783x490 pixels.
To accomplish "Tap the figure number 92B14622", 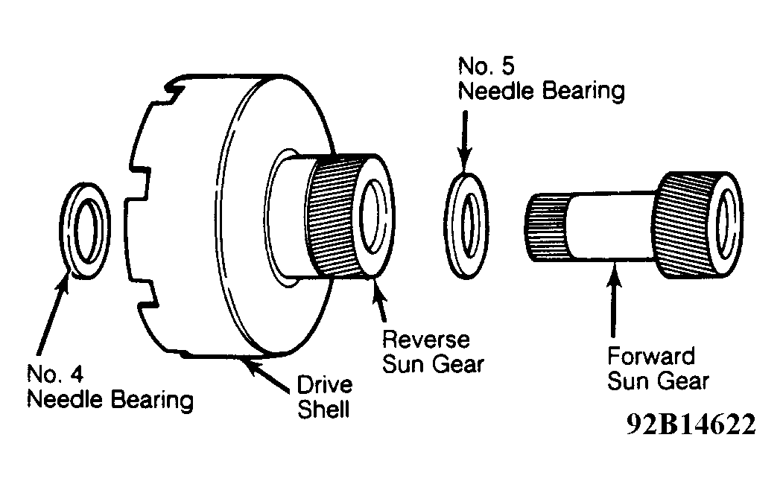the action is point(691,424).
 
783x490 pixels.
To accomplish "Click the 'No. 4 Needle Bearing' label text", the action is point(110,387).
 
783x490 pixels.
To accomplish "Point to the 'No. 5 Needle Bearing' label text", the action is point(542,79).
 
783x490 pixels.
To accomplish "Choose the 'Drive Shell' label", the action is point(325,397).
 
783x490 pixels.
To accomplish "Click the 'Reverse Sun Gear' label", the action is point(433,351).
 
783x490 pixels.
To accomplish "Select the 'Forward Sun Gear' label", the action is point(658,369).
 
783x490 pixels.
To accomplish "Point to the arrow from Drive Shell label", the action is point(267,376).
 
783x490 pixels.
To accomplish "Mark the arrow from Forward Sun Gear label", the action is point(614,299).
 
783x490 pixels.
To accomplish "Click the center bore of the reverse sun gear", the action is point(370,216).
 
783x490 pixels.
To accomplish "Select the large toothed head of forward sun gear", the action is point(697,225).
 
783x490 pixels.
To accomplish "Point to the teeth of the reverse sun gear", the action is point(332,217).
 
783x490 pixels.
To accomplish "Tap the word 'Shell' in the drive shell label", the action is point(323,409).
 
